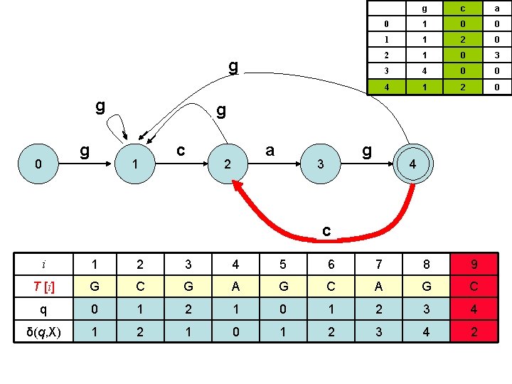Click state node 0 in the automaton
39,164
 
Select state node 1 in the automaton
134,164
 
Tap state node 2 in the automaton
227,164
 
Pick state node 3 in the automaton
321,164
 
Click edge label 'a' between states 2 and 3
270,150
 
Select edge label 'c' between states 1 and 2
181,150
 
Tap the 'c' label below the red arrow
326,230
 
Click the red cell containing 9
473,265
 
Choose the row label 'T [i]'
44,287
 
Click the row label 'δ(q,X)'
44,333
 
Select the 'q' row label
44,310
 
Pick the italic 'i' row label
44,265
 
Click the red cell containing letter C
473,287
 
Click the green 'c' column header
462,9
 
